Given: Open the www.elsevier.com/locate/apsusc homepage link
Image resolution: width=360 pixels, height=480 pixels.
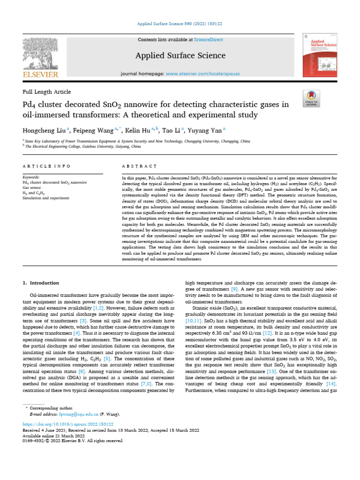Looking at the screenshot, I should [203, 74].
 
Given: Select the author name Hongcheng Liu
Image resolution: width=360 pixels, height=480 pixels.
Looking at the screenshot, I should [43, 130].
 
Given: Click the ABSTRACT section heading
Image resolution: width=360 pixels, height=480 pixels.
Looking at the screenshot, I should [139, 166].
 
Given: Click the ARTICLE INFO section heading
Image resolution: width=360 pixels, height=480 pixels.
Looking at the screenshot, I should [46, 166].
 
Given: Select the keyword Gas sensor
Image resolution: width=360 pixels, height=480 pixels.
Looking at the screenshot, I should [33, 188].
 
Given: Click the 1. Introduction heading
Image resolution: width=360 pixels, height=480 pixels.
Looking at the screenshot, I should [41, 283].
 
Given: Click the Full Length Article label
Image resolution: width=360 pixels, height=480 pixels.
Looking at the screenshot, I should [47, 92].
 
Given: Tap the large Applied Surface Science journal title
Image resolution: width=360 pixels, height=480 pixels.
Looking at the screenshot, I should [180, 56].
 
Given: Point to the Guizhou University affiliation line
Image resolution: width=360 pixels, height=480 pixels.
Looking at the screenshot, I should [82, 146].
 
